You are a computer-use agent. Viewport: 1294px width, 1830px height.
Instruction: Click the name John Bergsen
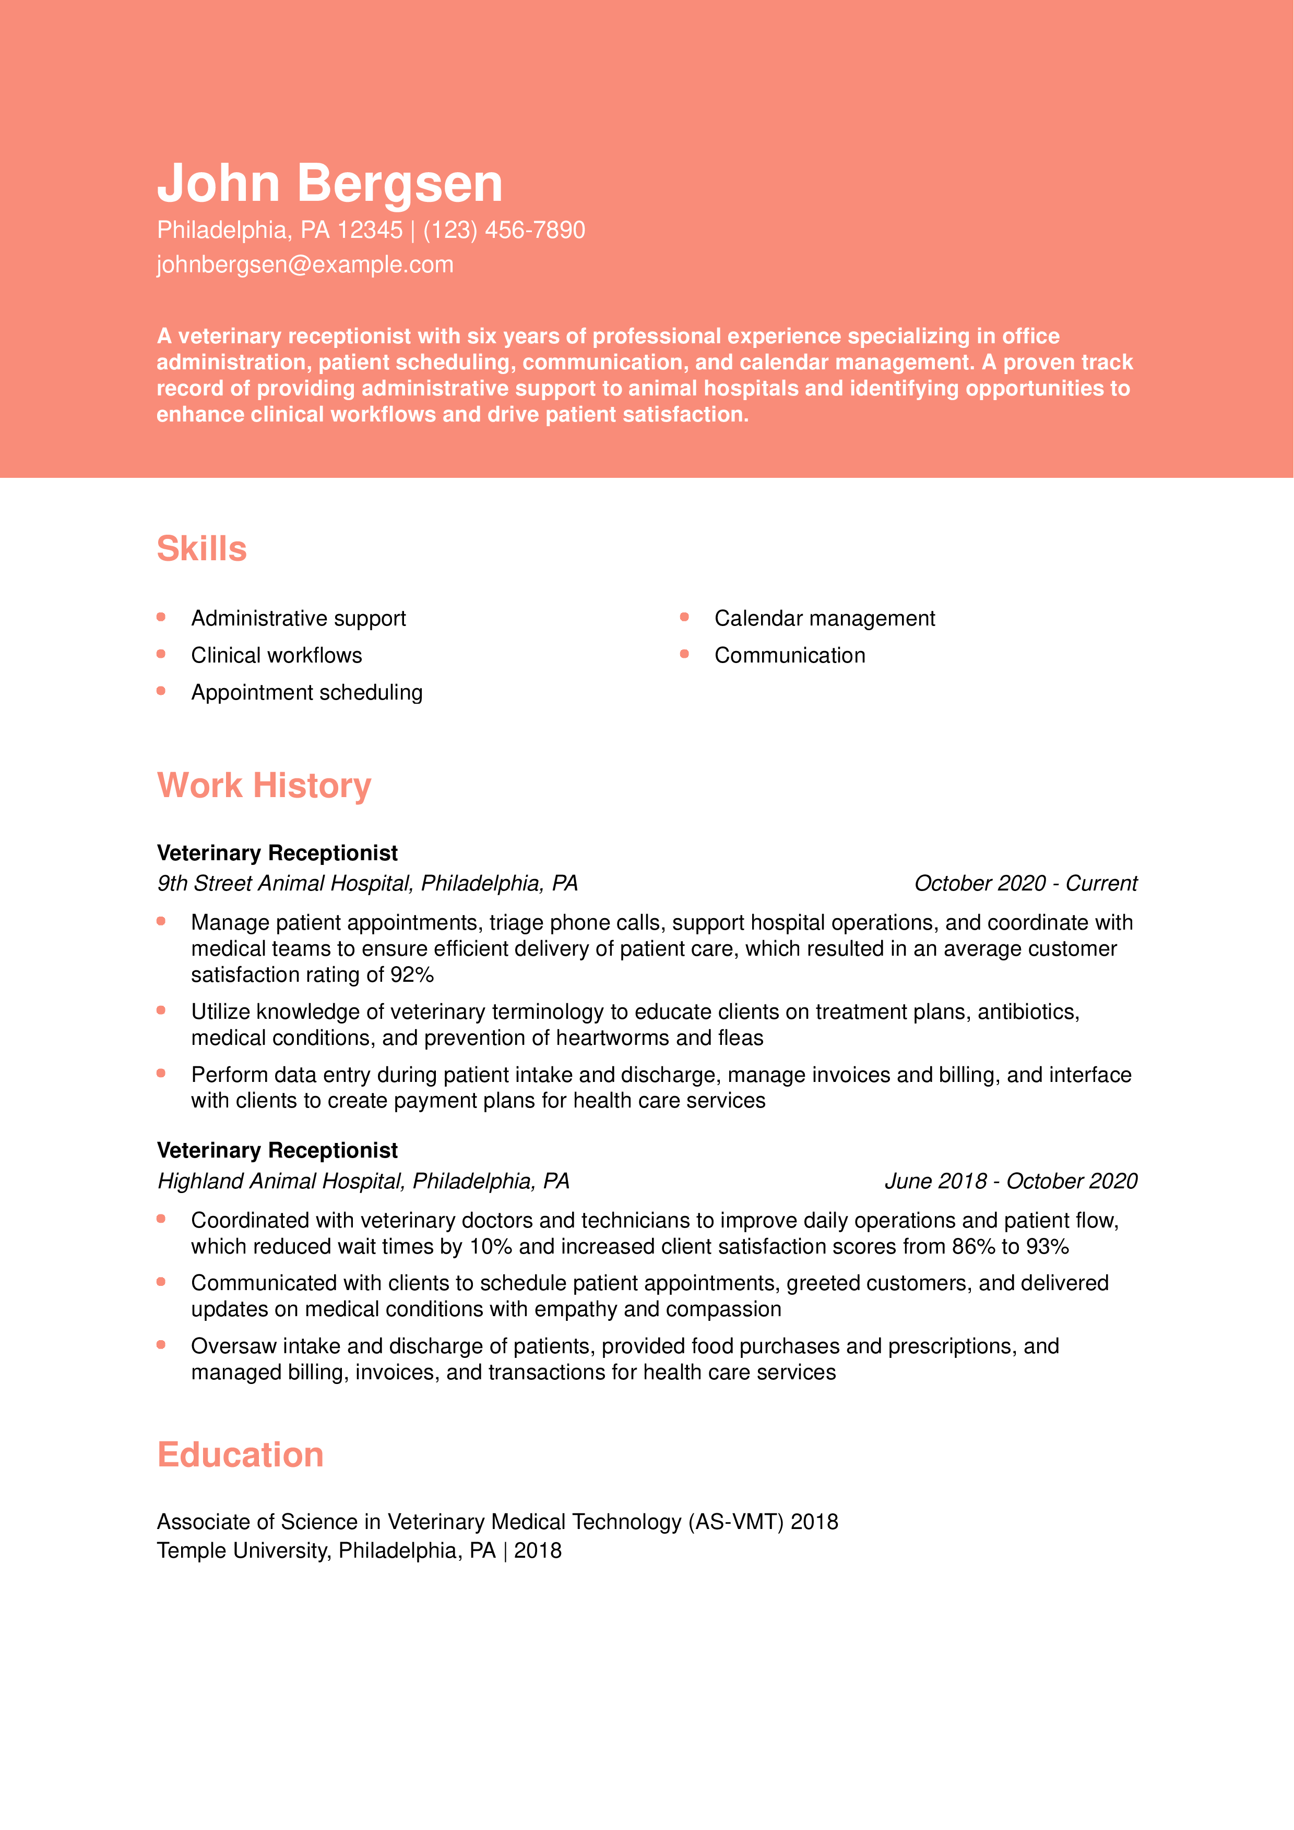click(329, 183)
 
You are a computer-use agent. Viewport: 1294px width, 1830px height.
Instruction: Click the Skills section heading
click(201, 549)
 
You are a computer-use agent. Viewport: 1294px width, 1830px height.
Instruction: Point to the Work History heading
click(264, 786)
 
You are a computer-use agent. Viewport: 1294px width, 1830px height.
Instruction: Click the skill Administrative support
click(298, 619)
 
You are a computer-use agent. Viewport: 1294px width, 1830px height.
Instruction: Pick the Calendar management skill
click(824, 619)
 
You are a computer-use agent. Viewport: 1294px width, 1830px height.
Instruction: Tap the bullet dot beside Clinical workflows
click(161, 654)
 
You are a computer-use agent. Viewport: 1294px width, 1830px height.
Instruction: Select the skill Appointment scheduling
click(306, 693)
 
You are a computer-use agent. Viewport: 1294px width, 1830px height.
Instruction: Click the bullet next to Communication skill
click(684, 654)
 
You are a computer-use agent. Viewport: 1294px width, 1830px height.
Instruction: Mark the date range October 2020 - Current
click(1025, 884)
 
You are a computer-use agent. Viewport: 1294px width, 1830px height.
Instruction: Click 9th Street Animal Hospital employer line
click(367, 884)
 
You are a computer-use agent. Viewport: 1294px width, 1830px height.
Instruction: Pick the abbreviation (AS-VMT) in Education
click(735, 1522)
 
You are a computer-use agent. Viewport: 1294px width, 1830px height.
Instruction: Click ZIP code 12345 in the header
click(370, 231)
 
